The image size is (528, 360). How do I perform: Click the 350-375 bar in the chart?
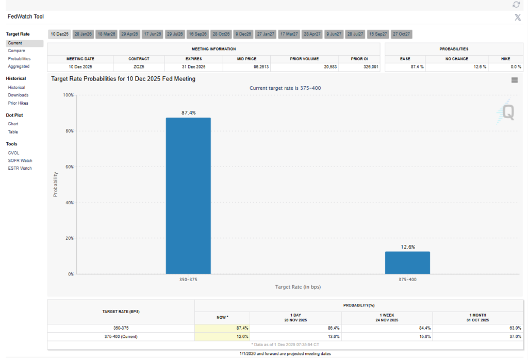pos(188,195)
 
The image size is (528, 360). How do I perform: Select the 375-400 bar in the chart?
pos(407,263)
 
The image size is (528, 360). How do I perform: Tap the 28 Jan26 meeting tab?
pos(83,34)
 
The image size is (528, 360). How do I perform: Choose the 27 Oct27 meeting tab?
pos(401,34)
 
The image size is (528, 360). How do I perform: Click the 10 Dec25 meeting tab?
pos(60,34)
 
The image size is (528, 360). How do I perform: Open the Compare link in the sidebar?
pos(16,51)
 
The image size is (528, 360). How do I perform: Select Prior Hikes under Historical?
pos(18,103)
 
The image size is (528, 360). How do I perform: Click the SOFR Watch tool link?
pos(20,160)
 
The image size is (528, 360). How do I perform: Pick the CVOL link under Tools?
pos(14,153)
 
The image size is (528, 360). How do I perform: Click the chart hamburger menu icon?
pos(514,80)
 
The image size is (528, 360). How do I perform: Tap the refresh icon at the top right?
pos(516,5)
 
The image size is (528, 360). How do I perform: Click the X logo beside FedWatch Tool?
pos(518,18)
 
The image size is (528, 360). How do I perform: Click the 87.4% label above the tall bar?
pos(188,112)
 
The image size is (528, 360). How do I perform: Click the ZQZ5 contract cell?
pos(139,67)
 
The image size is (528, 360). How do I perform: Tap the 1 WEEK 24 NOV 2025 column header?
pos(387,318)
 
